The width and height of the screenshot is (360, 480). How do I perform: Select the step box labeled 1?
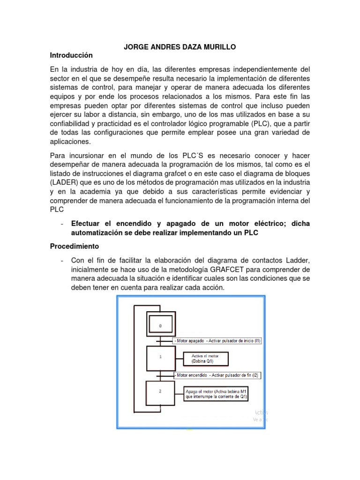pos(160,357)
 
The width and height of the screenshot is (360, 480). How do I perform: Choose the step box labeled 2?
pos(160,392)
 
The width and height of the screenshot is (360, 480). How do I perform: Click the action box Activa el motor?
pos(206,359)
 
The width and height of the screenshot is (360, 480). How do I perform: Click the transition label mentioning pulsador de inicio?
pos(217,341)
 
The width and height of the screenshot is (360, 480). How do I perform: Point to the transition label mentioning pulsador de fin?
pos(217,375)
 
